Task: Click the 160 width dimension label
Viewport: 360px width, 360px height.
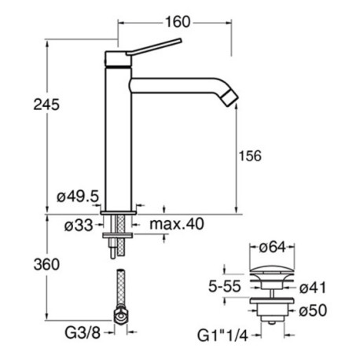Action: pyautogui.click(x=178, y=23)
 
